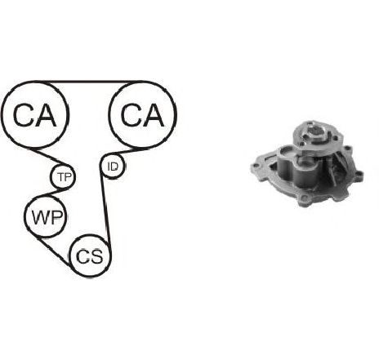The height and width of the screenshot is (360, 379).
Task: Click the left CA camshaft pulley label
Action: pyautogui.click(x=34, y=115)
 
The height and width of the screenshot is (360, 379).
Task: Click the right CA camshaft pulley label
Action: pyautogui.click(x=142, y=115)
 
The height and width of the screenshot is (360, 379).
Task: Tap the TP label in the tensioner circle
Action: pyautogui.click(x=65, y=177)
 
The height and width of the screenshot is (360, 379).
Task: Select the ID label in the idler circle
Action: pyautogui.click(x=113, y=167)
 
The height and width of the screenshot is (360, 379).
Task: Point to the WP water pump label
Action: pyautogui.click(x=47, y=217)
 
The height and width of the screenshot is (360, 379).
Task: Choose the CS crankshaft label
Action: pyautogui.click(x=90, y=256)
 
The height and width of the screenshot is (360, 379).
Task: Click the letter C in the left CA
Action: pyautogui.click(x=23, y=115)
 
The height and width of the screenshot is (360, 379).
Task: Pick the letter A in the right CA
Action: pyautogui.click(x=154, y=115)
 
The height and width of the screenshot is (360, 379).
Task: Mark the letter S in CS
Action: pyautogui.click(x=97, y=256)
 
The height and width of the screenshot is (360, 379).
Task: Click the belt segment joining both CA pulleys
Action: pyautogui.click(x=88, y=82)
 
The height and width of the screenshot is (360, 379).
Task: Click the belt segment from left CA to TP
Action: pyautogui.click(x=49, y=157)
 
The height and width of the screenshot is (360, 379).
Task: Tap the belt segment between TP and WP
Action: pyautogui.click(x=55, y=193)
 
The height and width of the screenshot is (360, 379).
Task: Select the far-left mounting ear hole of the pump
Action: pyautogui.click(x=254, y=166)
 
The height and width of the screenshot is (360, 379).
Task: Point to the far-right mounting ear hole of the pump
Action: pyautogui.click(x=359, y=173)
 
